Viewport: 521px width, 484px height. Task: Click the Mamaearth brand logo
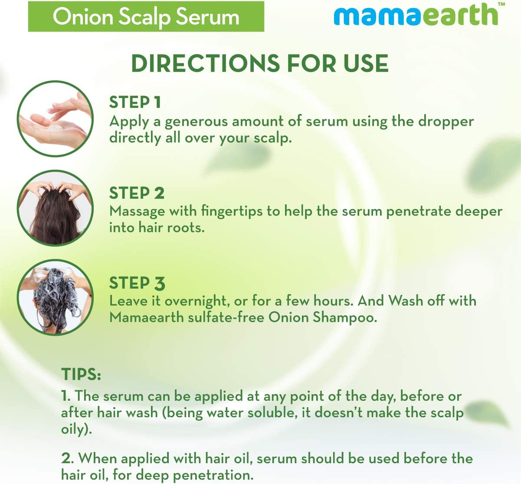[416, 15]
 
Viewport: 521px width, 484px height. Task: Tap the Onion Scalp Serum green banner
[146, 16]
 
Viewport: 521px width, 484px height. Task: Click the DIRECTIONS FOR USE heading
[259, 63]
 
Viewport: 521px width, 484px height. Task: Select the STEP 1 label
[135, 103]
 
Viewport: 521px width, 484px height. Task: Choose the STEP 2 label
[137, 193]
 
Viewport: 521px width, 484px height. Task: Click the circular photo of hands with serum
[56, 118]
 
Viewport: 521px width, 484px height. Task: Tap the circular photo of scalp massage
[56, 208]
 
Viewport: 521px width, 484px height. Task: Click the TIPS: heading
[81, 374]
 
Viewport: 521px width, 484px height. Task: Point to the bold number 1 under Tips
[65, 396]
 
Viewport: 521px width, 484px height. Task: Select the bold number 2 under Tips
[67, 458]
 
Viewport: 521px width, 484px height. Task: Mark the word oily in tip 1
[73, 429]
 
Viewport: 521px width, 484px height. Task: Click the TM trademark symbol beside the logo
[501, 4]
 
